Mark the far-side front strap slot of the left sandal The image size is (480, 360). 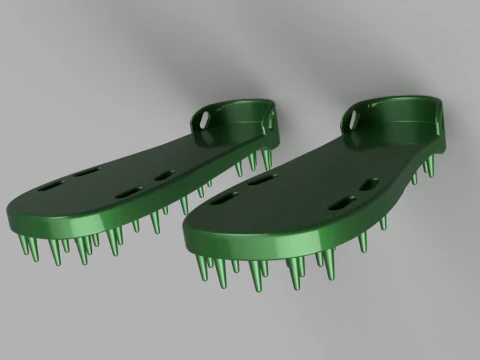click(84, 175)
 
